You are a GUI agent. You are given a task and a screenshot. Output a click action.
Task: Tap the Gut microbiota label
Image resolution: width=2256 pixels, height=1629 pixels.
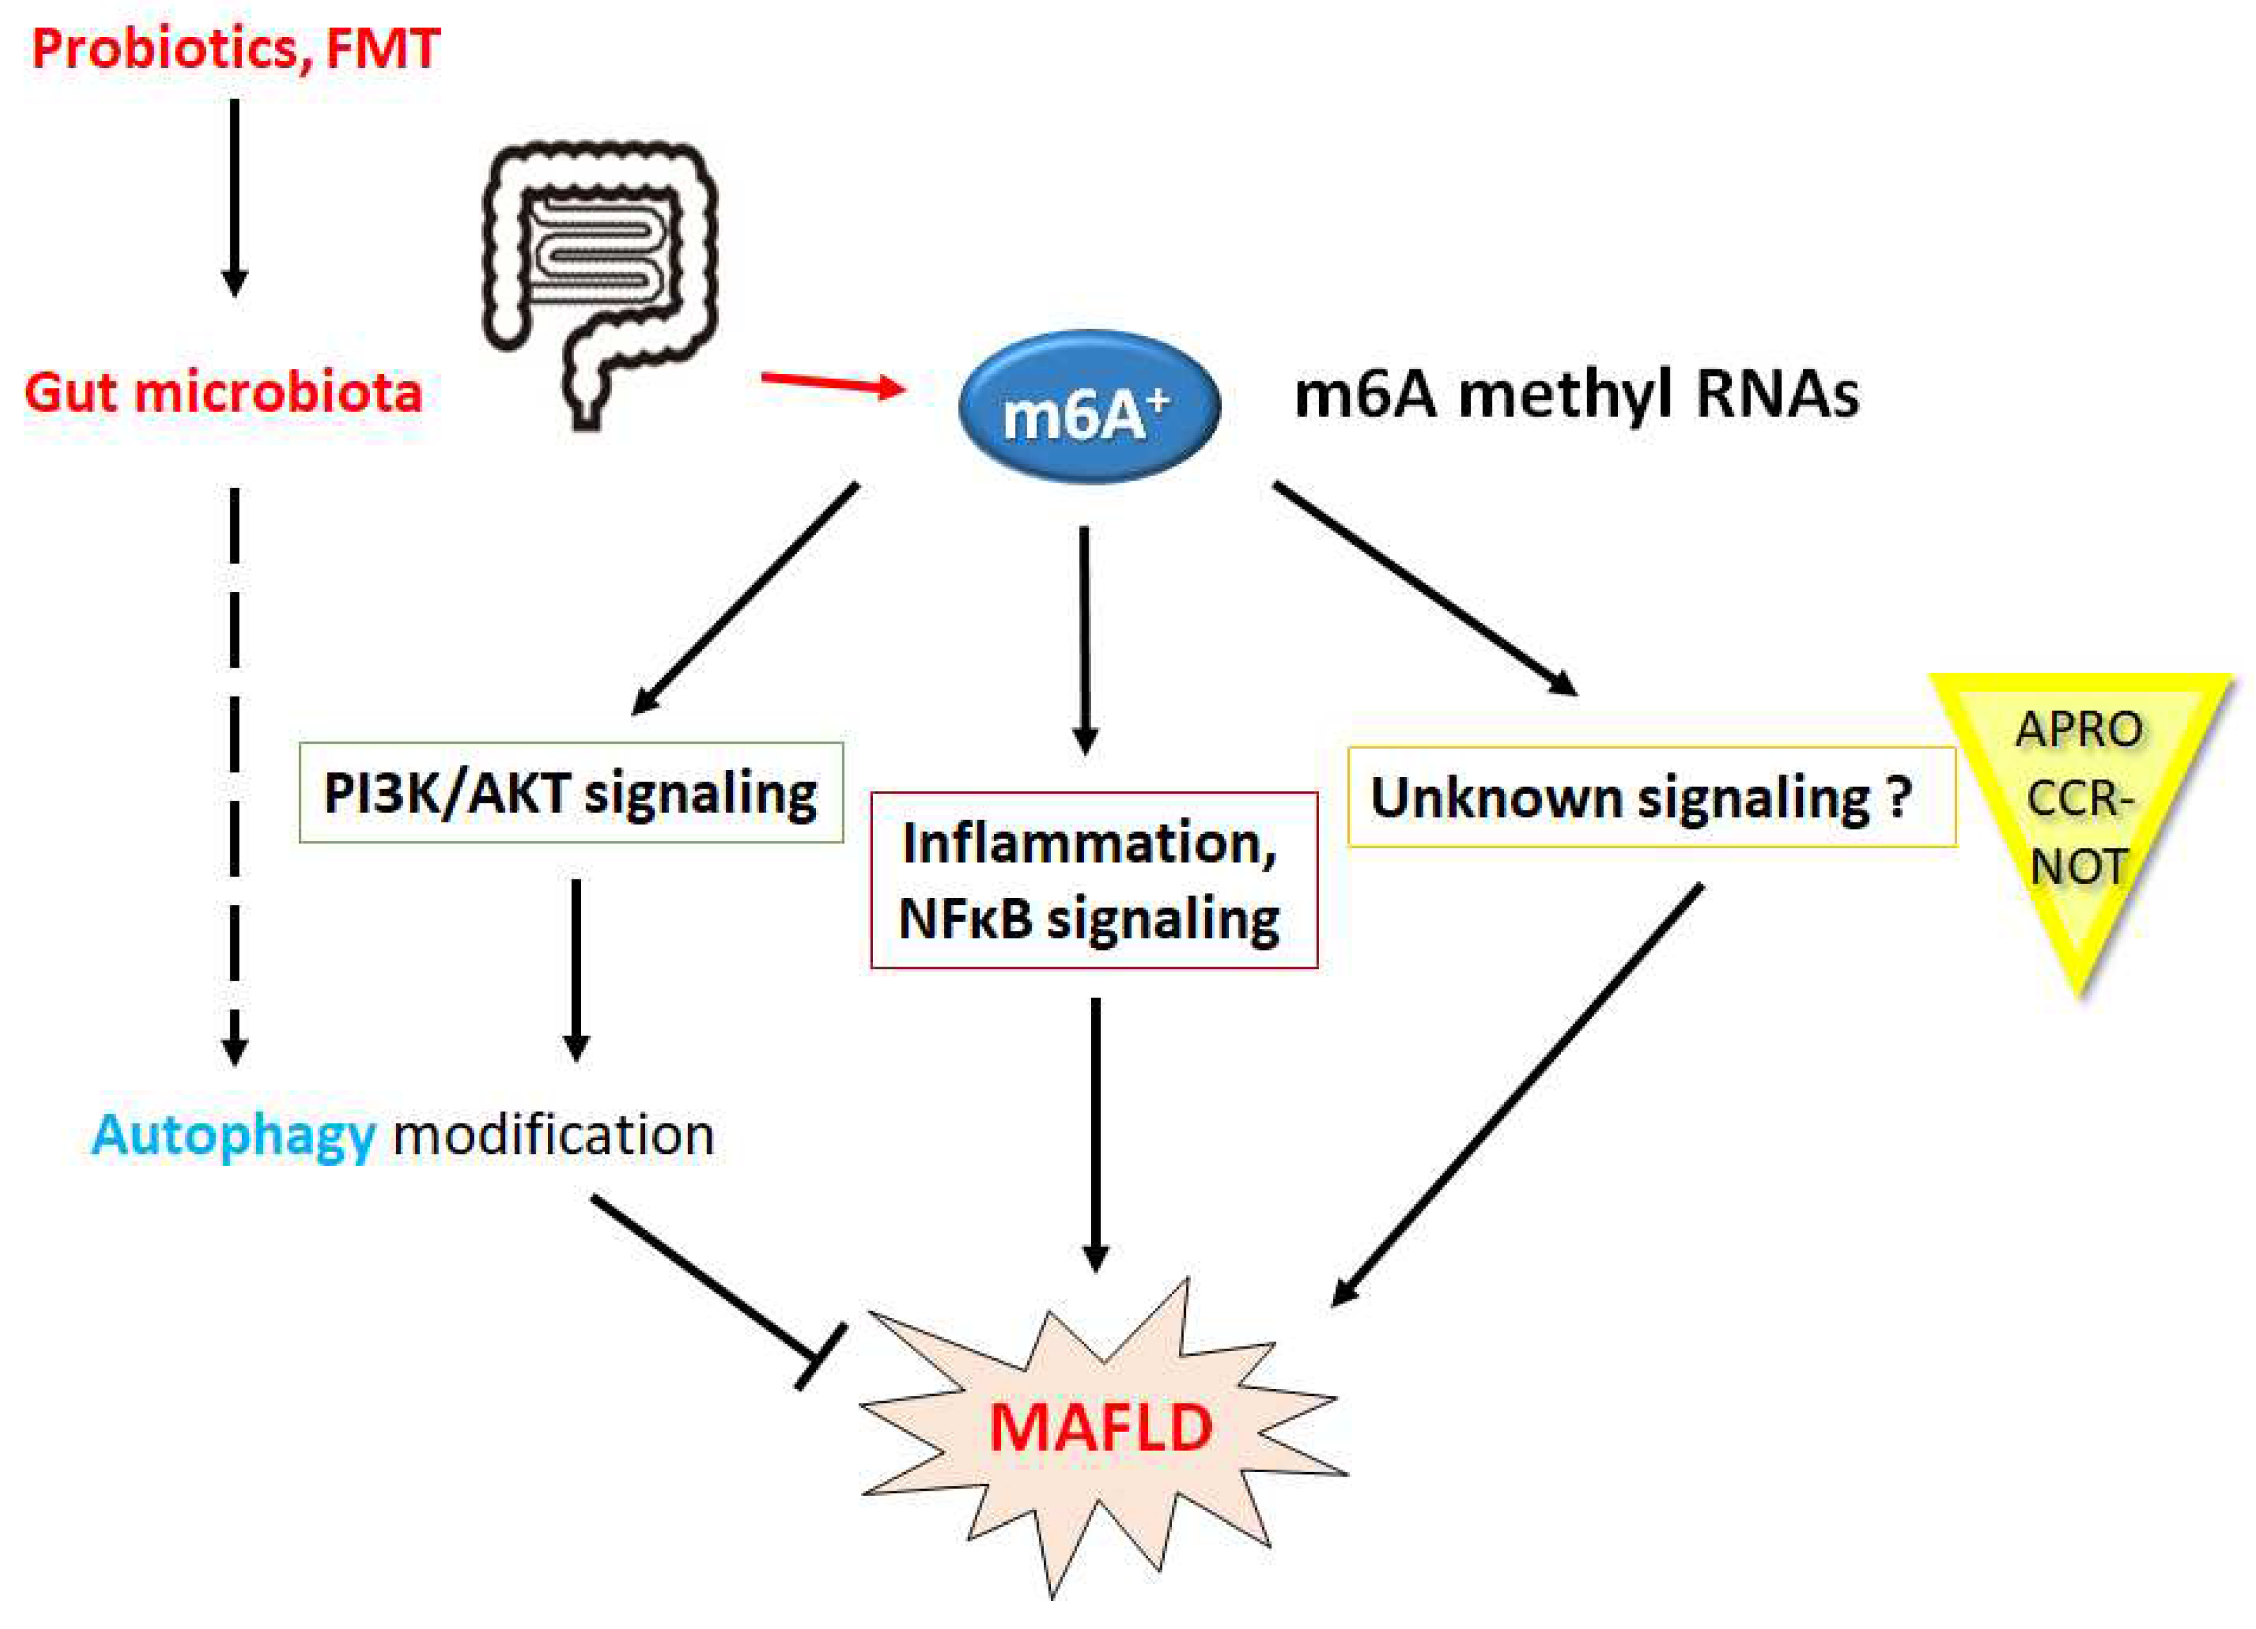224,392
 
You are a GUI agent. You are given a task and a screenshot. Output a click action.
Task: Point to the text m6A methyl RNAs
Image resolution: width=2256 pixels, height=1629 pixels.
1576,394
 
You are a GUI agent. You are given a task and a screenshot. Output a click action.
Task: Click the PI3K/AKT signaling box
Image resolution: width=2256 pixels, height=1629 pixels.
571,793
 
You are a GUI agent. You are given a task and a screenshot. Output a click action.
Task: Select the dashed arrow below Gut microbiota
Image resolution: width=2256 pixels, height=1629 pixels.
235,776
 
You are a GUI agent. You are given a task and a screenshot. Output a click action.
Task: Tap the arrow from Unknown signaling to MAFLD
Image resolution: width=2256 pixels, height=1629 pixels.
1517,1095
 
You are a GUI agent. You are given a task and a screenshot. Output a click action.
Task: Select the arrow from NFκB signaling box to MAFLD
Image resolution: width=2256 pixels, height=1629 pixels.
1095,1134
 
